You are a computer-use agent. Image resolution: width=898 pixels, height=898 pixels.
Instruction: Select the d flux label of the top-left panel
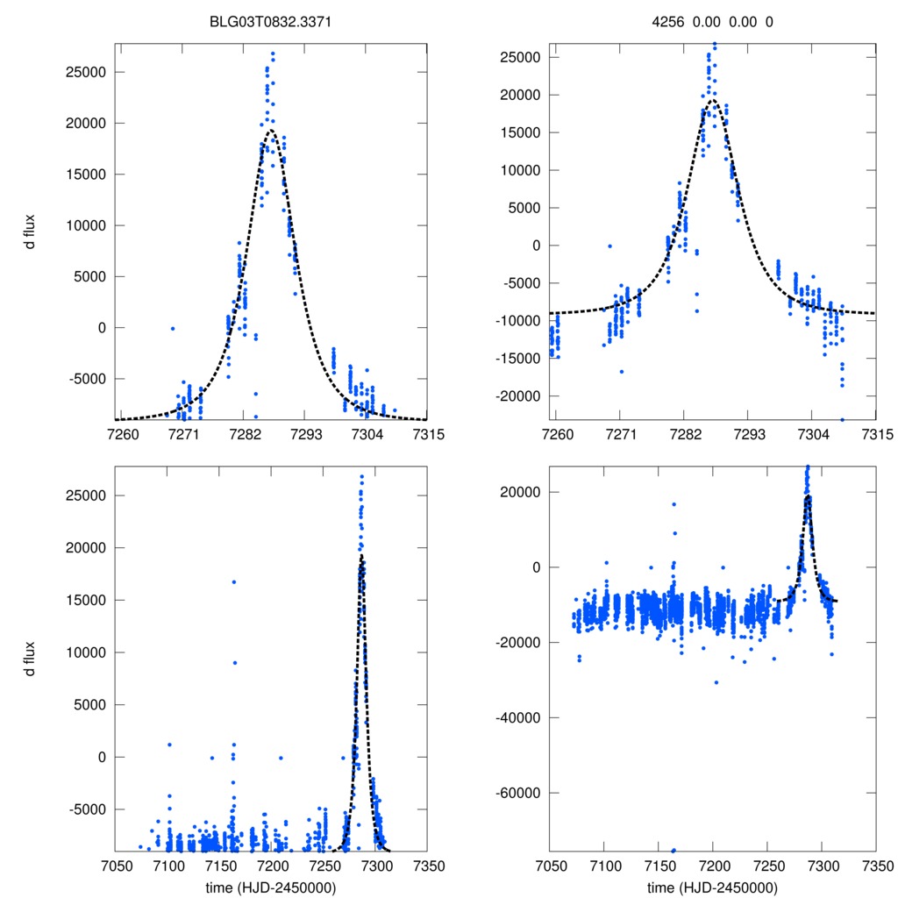coord(30,232)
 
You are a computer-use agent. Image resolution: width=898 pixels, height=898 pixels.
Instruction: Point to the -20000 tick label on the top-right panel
coord(521,396)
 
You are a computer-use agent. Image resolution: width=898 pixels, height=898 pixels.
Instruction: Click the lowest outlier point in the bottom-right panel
coord(673,850)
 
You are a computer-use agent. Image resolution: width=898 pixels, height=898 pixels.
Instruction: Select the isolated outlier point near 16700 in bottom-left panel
coord(233,582)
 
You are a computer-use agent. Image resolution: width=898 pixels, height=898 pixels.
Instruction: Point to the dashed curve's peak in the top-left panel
coord(269,131)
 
